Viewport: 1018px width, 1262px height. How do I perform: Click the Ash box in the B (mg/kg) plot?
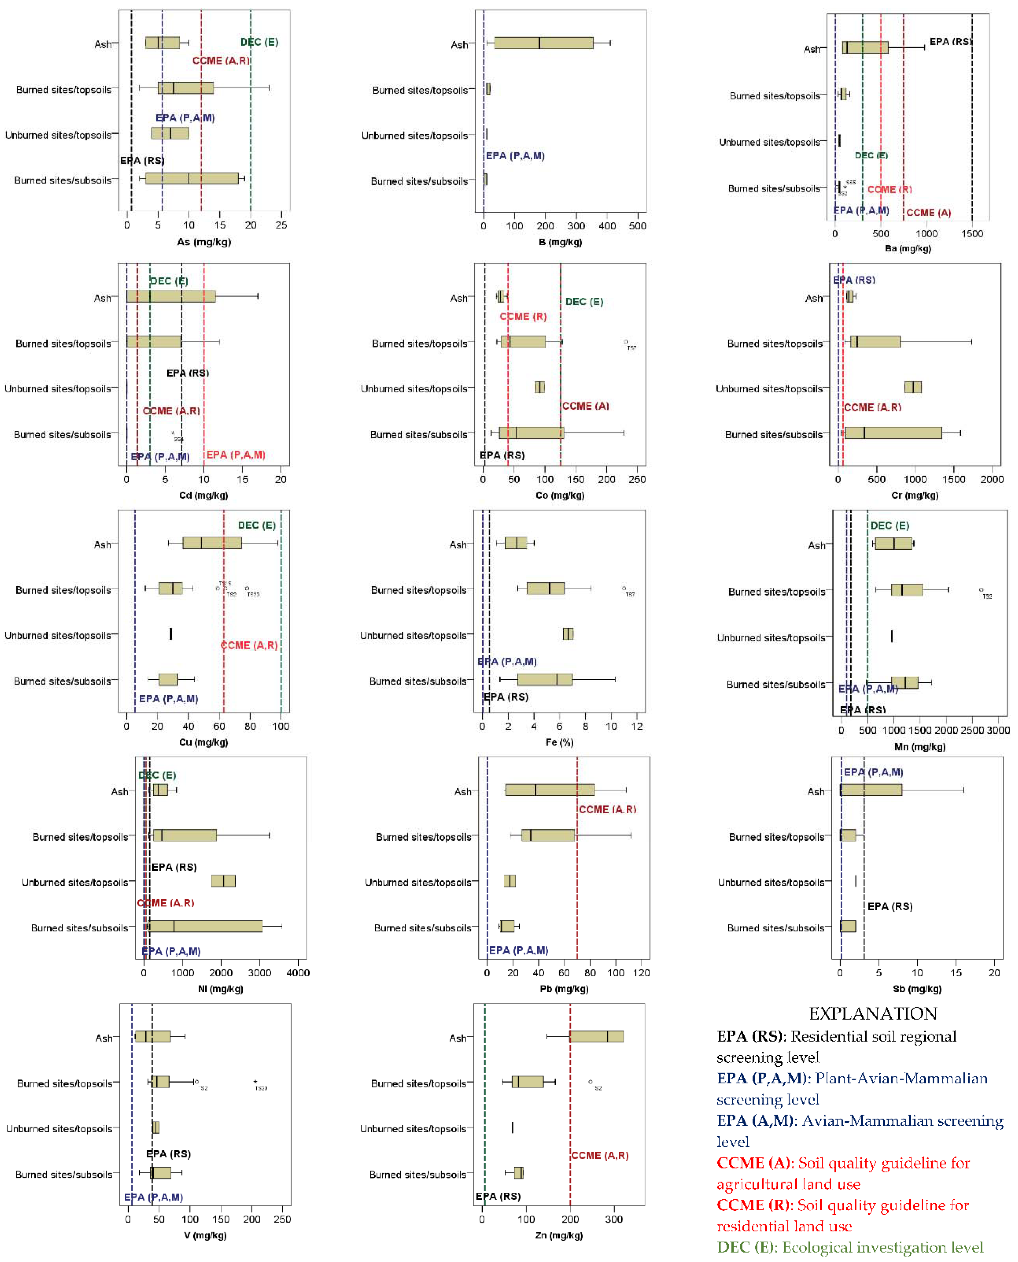544,43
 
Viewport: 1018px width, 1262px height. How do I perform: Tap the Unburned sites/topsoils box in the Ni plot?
223,881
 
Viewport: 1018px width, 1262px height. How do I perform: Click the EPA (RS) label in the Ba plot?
950,42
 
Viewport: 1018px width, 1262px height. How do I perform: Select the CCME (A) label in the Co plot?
585,406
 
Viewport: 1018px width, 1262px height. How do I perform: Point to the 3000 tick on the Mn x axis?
998,730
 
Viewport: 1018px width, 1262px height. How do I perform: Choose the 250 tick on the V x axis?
282,1219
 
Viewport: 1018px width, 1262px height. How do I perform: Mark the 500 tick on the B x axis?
637,226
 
